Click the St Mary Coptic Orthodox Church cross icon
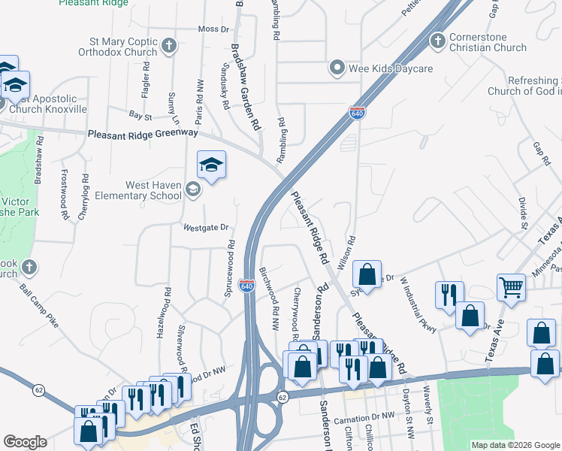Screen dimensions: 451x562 168,47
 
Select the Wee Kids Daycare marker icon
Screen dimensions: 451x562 337,68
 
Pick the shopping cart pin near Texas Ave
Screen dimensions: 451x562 511,286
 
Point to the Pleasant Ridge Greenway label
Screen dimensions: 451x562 143,134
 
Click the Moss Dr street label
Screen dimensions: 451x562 213,29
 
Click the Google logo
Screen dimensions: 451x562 25,442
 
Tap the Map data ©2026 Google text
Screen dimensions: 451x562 515,445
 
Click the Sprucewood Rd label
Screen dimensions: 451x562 230,268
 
